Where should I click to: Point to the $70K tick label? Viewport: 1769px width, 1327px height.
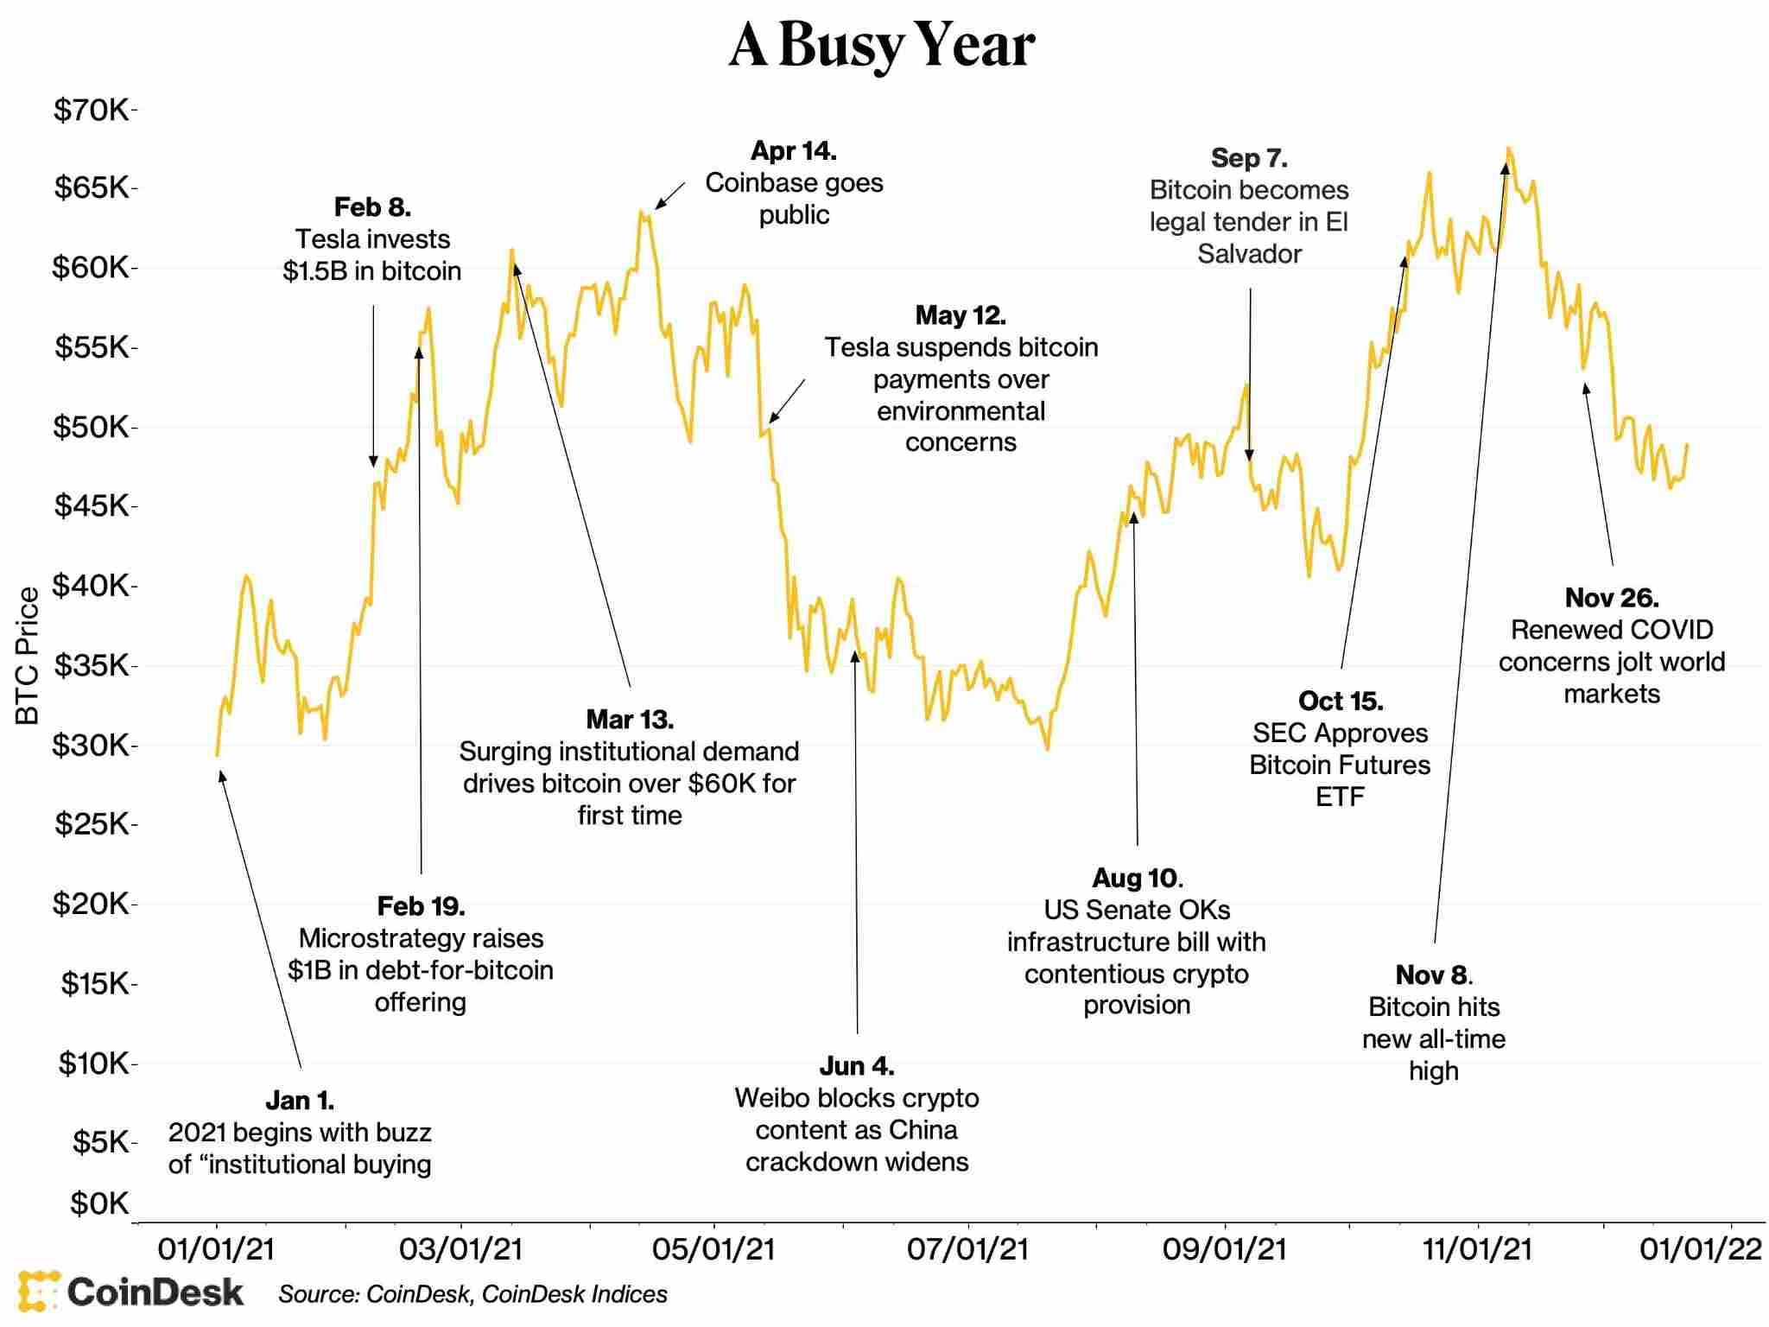[x=92, y=110]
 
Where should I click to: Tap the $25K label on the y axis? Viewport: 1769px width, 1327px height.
[x=92, y=823]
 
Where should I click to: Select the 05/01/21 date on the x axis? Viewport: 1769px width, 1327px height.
[x=713, y=1249]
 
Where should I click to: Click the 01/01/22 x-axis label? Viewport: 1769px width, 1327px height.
[x=1700, y=1249]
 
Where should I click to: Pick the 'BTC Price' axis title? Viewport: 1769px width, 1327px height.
[x=28, y=656]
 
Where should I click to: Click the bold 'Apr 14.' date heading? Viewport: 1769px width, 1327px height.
[x=793, y=151]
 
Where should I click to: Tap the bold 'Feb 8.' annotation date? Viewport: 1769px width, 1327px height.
[x=372, y=207]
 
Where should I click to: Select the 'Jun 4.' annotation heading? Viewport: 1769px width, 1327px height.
[x=856, y=1066]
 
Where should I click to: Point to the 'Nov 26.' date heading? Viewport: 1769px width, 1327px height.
[x=1611, y=598]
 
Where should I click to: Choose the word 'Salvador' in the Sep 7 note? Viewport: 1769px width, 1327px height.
[x=1249, y=254]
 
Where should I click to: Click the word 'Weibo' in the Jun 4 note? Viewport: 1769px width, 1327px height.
[x=768, y=1098]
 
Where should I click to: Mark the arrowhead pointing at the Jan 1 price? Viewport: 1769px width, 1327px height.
[x=222, y=776]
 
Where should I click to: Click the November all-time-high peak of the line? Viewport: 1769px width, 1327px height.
[x=1507, y=149]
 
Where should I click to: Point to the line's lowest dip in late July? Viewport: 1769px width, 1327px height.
[x=1048, y=748]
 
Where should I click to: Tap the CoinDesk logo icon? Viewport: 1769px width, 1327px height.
[x=38, y=1292]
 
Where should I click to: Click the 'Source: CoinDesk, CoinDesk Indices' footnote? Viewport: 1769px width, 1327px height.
[x=472, y=1294]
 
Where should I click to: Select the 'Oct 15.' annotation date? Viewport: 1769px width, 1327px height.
[x=1340, y=701]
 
